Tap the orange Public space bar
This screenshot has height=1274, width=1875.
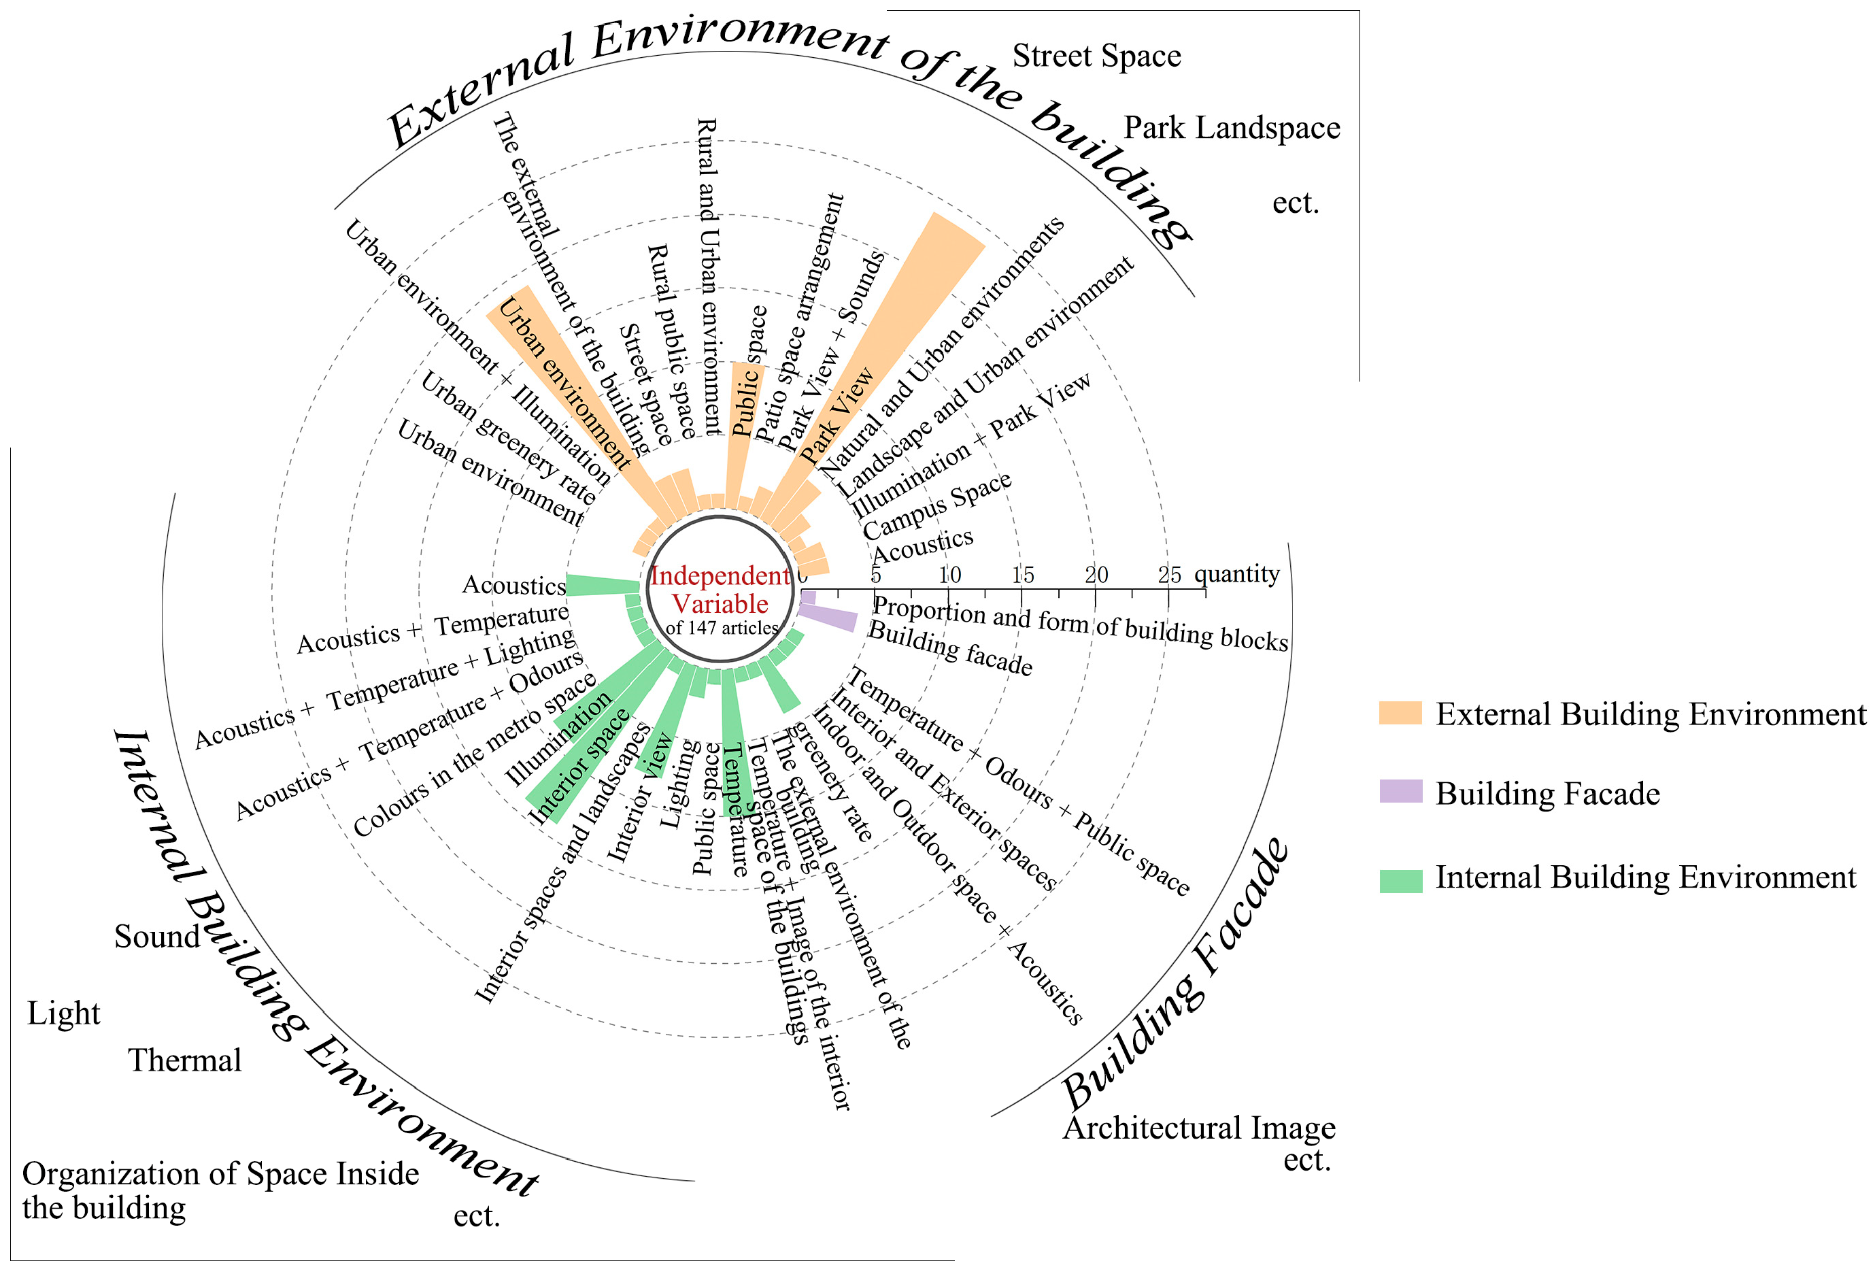[742, 428]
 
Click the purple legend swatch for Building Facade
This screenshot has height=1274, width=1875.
[1400, 792]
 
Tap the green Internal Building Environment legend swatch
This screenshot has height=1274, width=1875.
[1400, 880]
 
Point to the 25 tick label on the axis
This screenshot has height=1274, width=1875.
[1169, 575]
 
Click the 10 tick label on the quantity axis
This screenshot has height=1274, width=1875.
[949, 575]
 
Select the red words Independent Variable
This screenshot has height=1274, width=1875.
[720, 589]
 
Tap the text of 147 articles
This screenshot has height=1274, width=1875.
[722, 628]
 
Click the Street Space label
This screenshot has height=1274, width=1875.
[1096, 56]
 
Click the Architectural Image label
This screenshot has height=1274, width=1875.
[1199, 1127]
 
